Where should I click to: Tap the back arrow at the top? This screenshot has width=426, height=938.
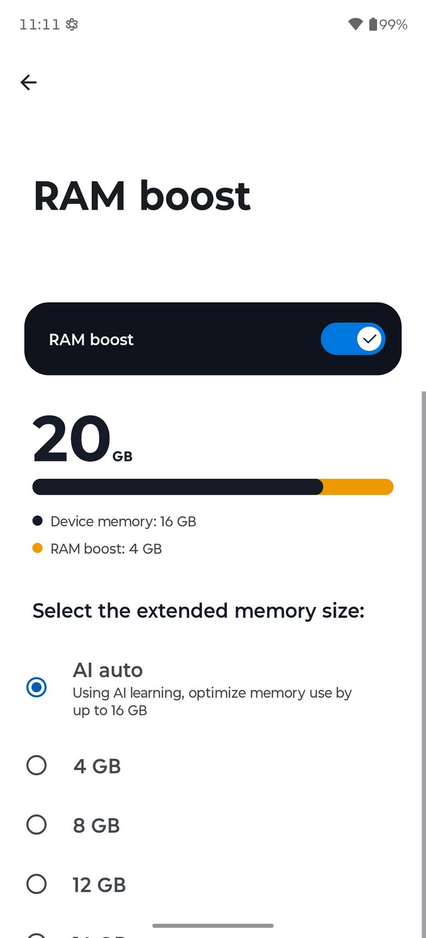29,83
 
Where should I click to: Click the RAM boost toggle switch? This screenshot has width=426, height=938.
353,339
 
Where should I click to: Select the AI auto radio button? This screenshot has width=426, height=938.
37,687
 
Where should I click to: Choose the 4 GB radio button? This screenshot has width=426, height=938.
37,765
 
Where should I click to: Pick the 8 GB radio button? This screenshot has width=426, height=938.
37,825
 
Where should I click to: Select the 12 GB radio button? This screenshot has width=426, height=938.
37,884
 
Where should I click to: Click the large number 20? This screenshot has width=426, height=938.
71,439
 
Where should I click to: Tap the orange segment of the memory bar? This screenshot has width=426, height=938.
358,487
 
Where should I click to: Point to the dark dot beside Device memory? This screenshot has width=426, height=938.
37,521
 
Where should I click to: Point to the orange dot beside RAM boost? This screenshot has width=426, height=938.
37,548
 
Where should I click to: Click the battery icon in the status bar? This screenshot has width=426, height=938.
373,24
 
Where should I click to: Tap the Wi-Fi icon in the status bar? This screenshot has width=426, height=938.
356,24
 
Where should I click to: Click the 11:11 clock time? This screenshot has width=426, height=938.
40,24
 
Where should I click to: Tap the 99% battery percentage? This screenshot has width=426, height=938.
394,25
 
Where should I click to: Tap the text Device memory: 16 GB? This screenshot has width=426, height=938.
123,521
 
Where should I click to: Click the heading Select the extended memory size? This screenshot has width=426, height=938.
198,611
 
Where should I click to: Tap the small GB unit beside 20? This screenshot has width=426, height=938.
123,456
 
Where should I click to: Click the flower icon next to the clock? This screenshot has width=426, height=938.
72,24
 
